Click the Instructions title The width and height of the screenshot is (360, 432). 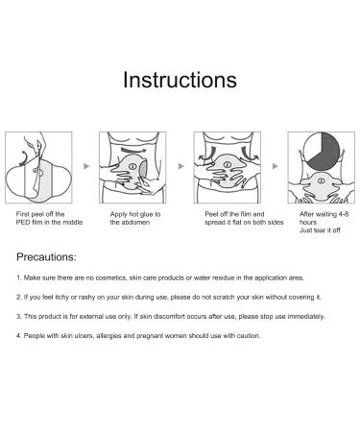pyautogui.click(x=180, y=80)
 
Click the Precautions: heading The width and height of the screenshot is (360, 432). pyautogui.click(x=46, y=257)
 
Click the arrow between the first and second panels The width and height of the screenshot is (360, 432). pyautogui.click(x=86, y=166)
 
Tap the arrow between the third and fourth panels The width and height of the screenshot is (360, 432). pyautogui.click(x=275, y=166)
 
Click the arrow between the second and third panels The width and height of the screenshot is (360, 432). pyautogui.click(x=180, y=166)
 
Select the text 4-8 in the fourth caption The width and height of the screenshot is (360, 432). pyautogui.click(x=344, y=214)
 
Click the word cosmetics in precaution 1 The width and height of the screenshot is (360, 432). pyautogui.click(x=111, y=277)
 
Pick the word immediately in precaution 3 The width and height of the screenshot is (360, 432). pyautogui.click(x=306, y=317)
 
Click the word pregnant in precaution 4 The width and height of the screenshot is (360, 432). pyautogui.click(x=148, y=336)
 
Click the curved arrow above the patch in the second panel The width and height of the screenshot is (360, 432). pyautogui.click(x=133, y=150)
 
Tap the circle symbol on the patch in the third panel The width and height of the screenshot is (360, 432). pyautogui.click(x=228, y=165)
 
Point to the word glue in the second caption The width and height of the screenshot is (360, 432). pyautogui.click(x=147, y=214)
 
